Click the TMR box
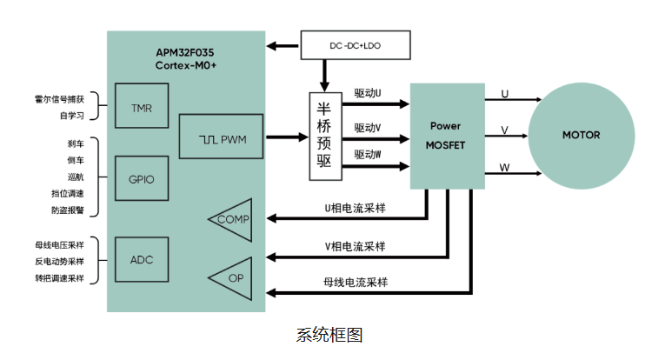(x=142, y=109)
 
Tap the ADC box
(x=142, y=260)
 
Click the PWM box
(x=220, y=137)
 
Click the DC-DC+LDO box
(x=355, y=45)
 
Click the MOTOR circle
(x=581, y=135)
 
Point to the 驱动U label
(x=368, y=91)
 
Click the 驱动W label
(x=368, y=154)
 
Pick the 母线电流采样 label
(x=355, y=282)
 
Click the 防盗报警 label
(x=68, y=210)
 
